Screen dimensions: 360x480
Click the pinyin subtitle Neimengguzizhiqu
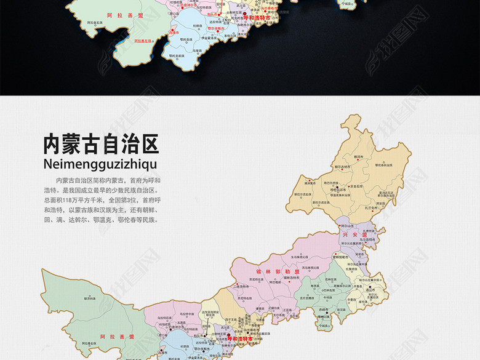coord(101,164)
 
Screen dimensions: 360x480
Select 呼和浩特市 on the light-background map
coord(240,338)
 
